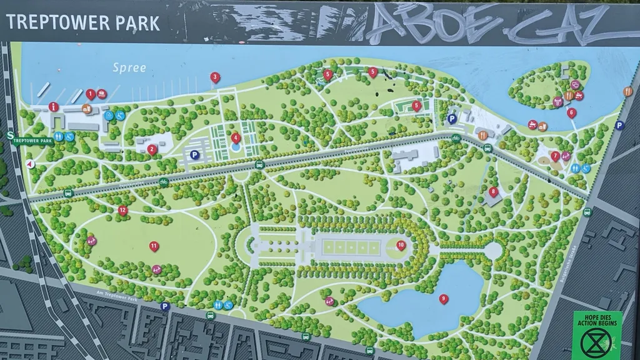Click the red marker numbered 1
click(x=91, y=94)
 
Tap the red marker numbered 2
click(x=152, y=149)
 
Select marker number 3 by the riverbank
click(x=215, y=77)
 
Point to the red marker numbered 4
click(x=236, y=137)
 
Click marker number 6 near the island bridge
click(x=571, y=113)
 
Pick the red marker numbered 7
click(x=555, y=156)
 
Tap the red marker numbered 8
click(x=494, y=192)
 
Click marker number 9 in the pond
click(x=444, y=299)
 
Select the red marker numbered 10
click(x=401, y=245)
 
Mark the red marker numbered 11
click(x=154, y=246)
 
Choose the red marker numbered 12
click(x=122, y=210)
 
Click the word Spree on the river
click(x=129, y=67)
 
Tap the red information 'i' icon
click(x=54, y=107)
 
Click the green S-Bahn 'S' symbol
click(x=11, y=134)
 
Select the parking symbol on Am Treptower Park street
click(x=165, y=306)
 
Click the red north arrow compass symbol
click(x=29, y=164)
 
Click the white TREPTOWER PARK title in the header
click(x=83, y=23)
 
